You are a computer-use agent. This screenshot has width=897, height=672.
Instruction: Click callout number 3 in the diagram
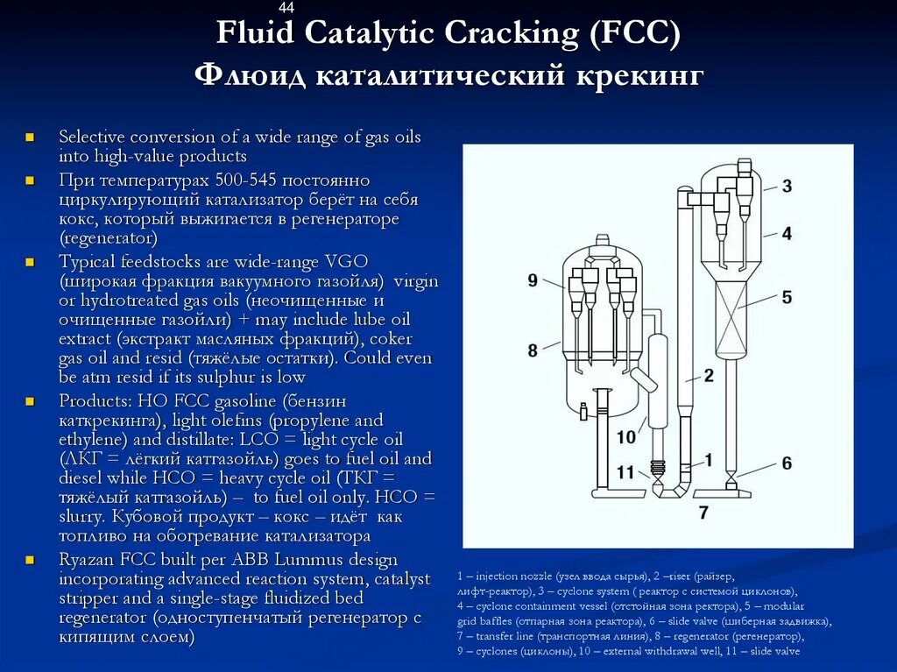pyautogui.click(x=787, y=186)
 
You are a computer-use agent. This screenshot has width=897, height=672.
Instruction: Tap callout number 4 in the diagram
pyautogui.click(x=787, y=233)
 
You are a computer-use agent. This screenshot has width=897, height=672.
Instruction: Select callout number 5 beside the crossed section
pyautogui.click(x=787, y=298)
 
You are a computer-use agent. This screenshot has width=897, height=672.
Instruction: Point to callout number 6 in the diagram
pyautogui.click(x=787, y=463)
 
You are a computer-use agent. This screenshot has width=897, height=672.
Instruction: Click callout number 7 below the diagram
pyautogui.click(x=703, y=513)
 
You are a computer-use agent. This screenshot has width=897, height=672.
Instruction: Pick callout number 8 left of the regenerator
pyautogui.click(x=533, y=350)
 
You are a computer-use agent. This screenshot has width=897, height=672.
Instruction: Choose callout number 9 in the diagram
pyautogui.click(x=533, y=280)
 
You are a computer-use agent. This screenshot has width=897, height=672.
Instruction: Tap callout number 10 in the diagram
pyautogui.click(x=625, y=437)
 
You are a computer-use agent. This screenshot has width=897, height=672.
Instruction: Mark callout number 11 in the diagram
pyautogui.click(x=625, y=472)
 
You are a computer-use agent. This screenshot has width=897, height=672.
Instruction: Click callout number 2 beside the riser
pyautogui.click(x=708, y=376)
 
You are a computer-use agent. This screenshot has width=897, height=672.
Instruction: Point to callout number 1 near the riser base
pyautogui.click(x=708, y=458)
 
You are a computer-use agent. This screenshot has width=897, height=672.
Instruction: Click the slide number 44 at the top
pyautogui.click(x=286, y=8)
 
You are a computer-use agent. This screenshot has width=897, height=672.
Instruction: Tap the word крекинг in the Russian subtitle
pyautogui.click(x=640, y=75)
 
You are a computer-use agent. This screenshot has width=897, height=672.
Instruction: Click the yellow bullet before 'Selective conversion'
pyautogui.click(x=30, y=138)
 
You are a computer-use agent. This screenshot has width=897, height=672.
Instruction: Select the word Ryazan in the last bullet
pyautogui.click(x=86, y=560)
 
